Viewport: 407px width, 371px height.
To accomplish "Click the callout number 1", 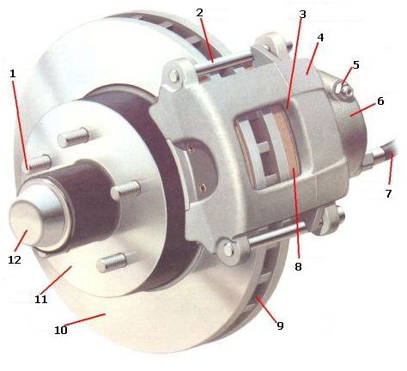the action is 13,74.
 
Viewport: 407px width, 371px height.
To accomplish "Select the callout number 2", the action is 200,13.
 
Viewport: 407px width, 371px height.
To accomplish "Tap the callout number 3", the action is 302,15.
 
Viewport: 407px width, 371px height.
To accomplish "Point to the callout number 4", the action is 320,38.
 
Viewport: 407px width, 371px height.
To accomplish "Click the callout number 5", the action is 355,64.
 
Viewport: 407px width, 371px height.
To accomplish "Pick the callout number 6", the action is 380,100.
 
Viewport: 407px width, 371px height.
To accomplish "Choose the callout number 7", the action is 388,194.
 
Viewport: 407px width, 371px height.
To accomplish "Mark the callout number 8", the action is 298,266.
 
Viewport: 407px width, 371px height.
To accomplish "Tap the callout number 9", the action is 280,325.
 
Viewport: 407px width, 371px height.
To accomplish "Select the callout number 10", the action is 61,330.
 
